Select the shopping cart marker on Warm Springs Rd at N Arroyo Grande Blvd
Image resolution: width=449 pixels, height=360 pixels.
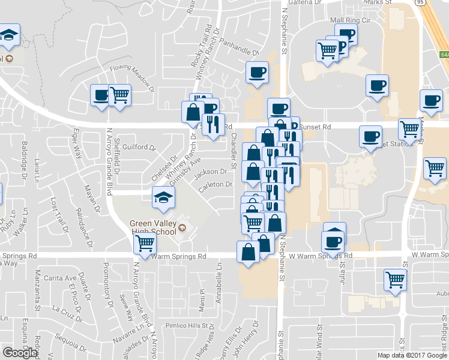pos(145,243)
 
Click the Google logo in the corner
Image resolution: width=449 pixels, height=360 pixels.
pos(20,353)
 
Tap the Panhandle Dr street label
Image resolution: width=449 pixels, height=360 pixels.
pos(239,52)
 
